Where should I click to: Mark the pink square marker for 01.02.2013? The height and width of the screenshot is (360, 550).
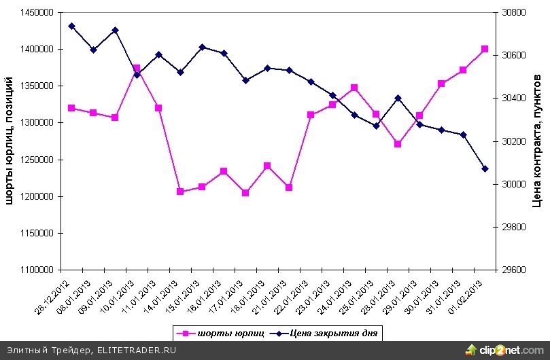(x=485, y=49)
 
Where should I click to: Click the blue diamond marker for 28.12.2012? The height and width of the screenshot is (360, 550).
(x=71, y=26)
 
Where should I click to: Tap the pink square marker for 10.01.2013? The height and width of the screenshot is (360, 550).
(x=137, y=69)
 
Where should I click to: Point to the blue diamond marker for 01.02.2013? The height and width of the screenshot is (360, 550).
(x=485, y=168)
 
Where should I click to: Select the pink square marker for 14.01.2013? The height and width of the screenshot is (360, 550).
(x=180, y=192)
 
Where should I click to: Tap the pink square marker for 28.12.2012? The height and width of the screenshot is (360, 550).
(x=71, y=108)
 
